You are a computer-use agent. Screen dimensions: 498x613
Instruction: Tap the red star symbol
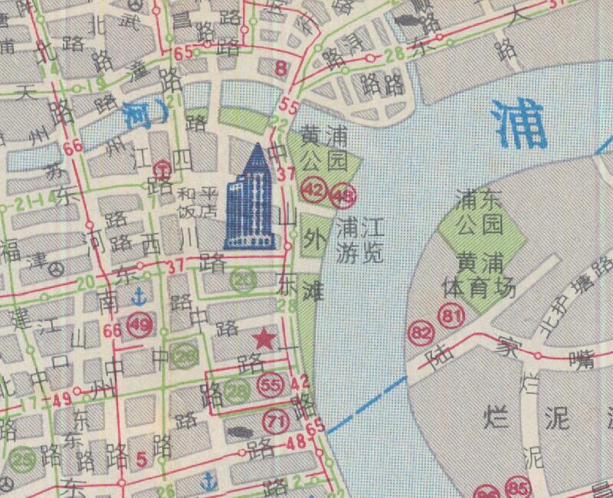coord(264,338)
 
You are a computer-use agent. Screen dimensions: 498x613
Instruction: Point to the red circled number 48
coord(343,197)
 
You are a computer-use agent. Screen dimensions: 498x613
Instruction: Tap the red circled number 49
coord(141,325)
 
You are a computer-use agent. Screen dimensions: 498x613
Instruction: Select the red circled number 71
coord(277,419)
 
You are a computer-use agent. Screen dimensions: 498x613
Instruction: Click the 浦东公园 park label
coord(480,213)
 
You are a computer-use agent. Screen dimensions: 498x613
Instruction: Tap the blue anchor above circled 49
coord(138,297)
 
